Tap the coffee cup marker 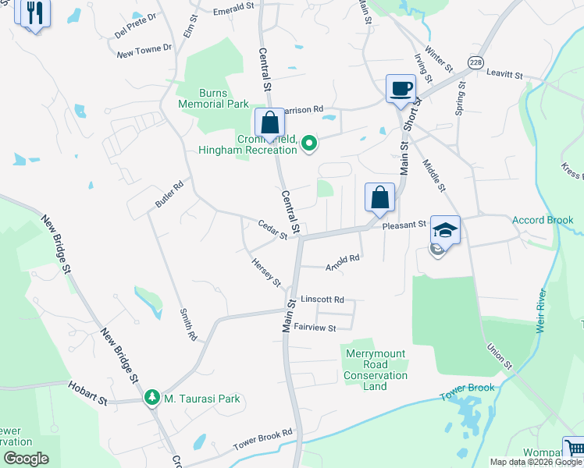(401, 88)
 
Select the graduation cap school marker (445, 230)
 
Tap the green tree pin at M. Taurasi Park (152, 399)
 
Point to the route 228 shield (475, 62)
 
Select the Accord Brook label (543, 220)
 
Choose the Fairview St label (314, 328)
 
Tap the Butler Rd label (169, 194)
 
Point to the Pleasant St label (404, 225)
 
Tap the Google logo (26, 459)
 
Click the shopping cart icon (574, 448)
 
